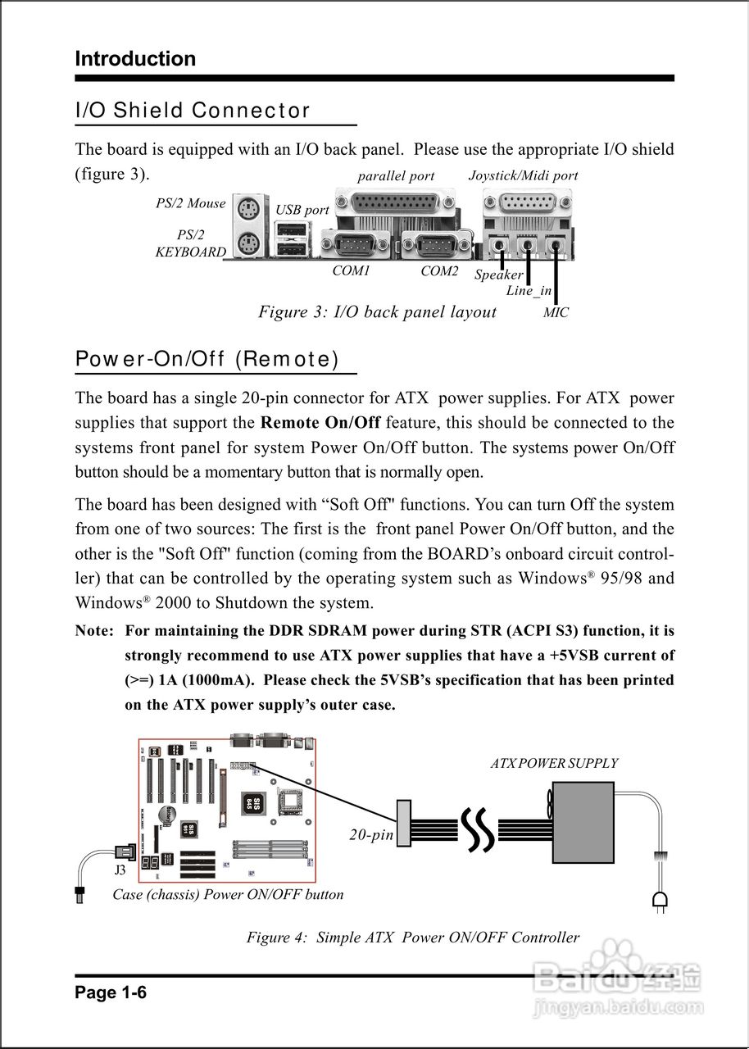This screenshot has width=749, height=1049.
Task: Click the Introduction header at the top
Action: (135, 59)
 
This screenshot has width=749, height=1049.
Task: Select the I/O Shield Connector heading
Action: (193, 110)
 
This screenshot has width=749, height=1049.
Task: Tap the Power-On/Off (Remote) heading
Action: (207, 359)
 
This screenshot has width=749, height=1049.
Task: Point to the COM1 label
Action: (351, 270)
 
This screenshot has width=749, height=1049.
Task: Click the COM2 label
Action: (439, 270)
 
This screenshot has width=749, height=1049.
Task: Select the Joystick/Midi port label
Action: (523, 175)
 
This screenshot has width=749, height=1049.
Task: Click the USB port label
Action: (302, 210)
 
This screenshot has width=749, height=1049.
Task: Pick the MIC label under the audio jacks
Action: (556, 312)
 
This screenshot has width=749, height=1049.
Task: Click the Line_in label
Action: (529, 291)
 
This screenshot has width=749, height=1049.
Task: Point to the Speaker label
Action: (498, 275)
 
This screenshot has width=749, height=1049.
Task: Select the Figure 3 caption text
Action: (377, 311)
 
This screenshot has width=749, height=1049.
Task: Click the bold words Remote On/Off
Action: (320, 423)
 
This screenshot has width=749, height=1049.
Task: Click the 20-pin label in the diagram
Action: (371, 834)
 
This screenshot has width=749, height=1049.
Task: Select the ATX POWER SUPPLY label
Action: (554, 763)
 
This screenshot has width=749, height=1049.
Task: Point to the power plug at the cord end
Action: (659, 902)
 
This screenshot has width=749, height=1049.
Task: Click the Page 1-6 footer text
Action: (111, 993)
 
